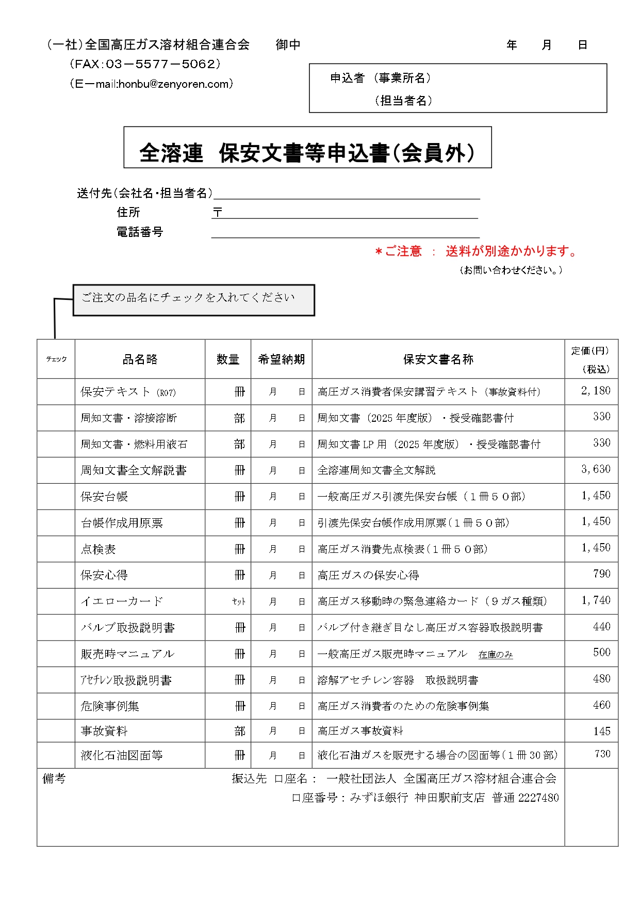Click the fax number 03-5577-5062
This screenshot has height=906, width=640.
pos(160,64)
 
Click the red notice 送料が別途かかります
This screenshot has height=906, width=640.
pos(511,251)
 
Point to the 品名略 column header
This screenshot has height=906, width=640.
pos(140,359)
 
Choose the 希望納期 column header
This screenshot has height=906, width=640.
pos(281,359)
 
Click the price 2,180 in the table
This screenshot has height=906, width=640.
pos(596,391)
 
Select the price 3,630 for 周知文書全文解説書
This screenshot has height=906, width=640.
pos(596,469)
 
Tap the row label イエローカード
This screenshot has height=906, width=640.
pos(122,601)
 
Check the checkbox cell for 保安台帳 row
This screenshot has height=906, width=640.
pos(56,497)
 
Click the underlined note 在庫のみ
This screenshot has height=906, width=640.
pos(496,655)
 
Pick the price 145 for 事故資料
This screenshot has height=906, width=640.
pos(601,731)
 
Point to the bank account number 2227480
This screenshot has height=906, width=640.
pos(538,798)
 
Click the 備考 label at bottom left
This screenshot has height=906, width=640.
pos(54,778)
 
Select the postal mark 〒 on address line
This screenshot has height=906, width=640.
pos(218,212)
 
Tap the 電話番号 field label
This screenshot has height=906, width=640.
pos(140,232)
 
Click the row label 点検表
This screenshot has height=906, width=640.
pos(99,549)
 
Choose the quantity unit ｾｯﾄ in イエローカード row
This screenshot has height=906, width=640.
pos(239,601)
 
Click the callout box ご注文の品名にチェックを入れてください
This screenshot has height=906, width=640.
pos(193,300)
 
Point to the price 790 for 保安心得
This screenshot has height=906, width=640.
pos(601,574)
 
